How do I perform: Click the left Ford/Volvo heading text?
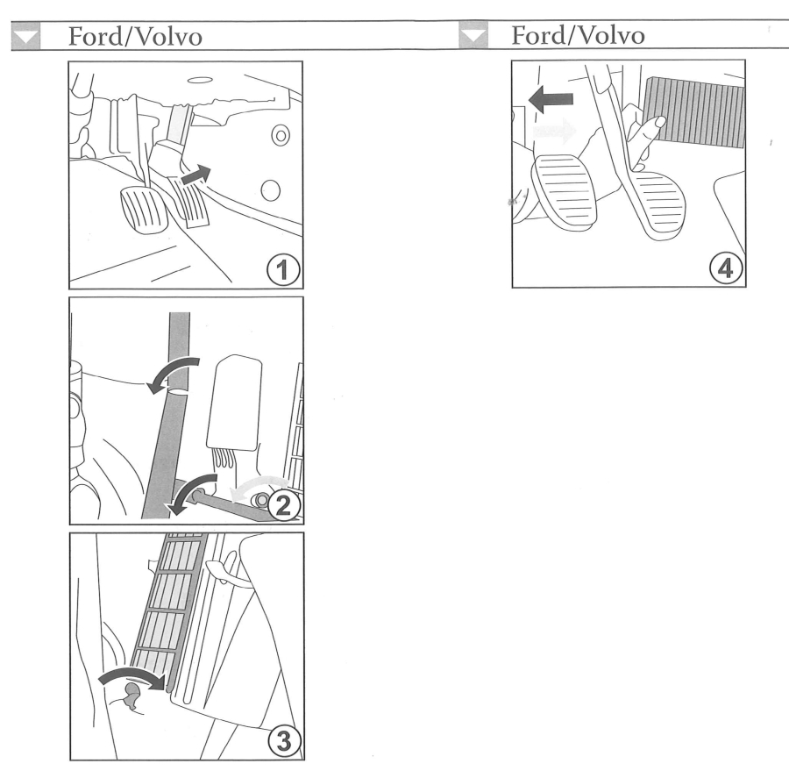[x=135, y=37]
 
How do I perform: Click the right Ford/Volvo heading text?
[x=578, y=35]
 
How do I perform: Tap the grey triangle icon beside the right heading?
[x=473, y=35]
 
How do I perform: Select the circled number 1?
[x=283, y=270]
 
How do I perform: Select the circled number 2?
[x=284, y=505]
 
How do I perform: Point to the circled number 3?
[x=284, y=741]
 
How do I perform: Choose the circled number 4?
[x=726, y=268]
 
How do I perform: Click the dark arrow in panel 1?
[x=195, y=175]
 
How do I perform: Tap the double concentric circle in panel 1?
[x=281, y=135]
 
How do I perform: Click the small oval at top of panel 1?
[x=200, y=80]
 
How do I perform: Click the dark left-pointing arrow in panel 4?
[x=551, y=99]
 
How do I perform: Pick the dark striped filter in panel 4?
[x=694, y=111]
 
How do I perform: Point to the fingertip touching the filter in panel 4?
[x=659, y=121]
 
